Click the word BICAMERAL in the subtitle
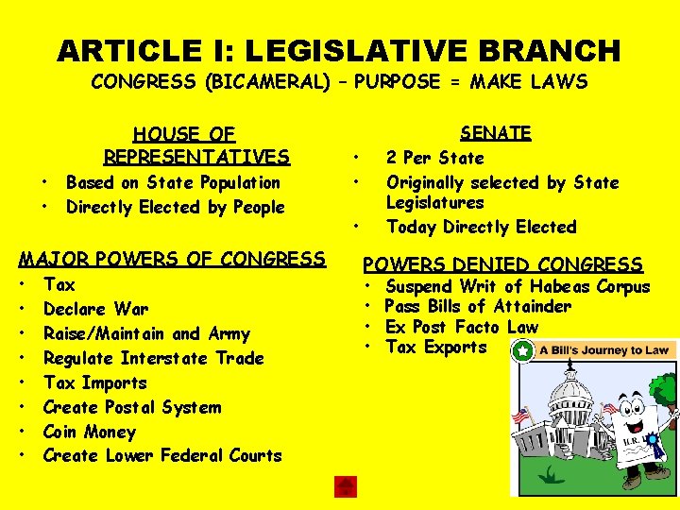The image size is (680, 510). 279,82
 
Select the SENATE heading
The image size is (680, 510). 495,133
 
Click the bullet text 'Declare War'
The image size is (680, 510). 95,309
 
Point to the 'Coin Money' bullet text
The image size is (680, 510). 90,432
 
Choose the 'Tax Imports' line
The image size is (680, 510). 95,382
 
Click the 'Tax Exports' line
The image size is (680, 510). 436,347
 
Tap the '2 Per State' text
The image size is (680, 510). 434,158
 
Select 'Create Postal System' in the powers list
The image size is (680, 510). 132,407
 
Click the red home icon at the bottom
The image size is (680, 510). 346,486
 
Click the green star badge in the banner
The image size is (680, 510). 522,350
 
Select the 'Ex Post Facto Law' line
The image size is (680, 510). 462,327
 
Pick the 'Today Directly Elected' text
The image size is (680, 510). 481,227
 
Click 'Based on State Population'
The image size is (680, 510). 173,182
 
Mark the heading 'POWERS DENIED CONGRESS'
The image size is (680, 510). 503,265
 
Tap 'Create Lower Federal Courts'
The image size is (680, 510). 162,455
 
